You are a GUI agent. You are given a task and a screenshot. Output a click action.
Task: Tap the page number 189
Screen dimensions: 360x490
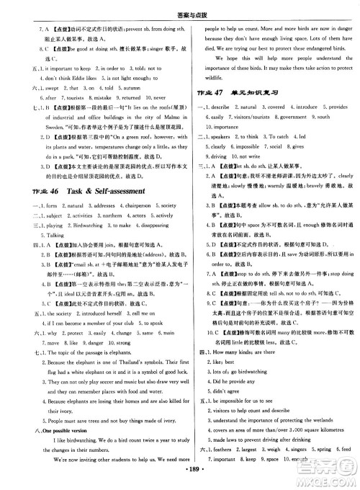(179, 478)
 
